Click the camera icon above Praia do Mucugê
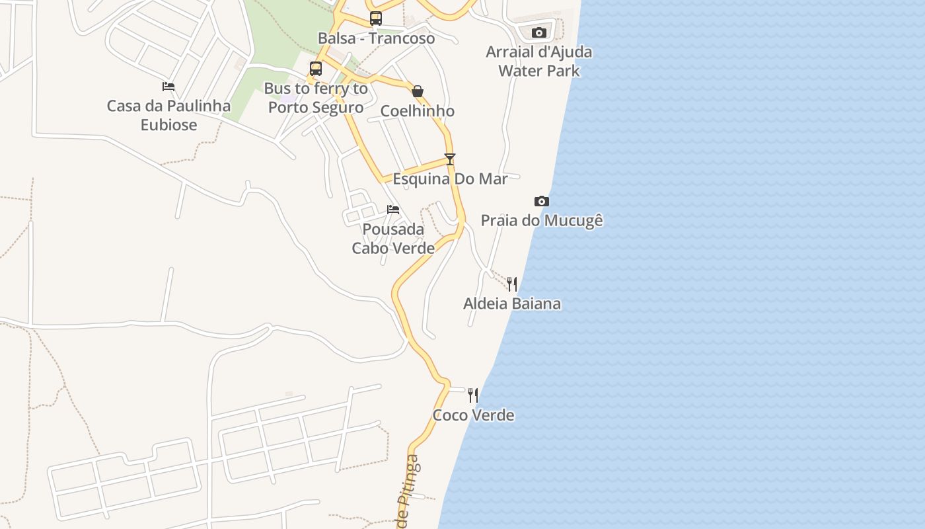[x=542, y=201]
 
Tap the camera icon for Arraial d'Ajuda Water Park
[x=539, y=32]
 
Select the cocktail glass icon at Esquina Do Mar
[x=450, y=159]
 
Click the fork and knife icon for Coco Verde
[x=473, y=395]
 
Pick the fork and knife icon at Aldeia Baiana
[x=512, y=284]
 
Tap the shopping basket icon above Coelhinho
[x=418, y=91]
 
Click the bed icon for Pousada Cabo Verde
[x=393, y=210]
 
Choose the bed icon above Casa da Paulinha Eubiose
[x=168, y=87]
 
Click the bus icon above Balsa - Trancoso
[x=376, y=19]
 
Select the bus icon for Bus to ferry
[x=316, y=69]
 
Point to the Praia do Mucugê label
[x=542, y=220]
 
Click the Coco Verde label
[x=473, y=415]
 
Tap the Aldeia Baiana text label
[x=512, y=304]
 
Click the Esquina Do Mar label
[x=450, y=179]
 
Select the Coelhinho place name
[x=418, y=110]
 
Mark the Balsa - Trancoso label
[x=376, y=38]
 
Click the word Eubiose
[x=168, y=124]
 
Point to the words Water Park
[x=539, y=71]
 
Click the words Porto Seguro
[x=316, y=107]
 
